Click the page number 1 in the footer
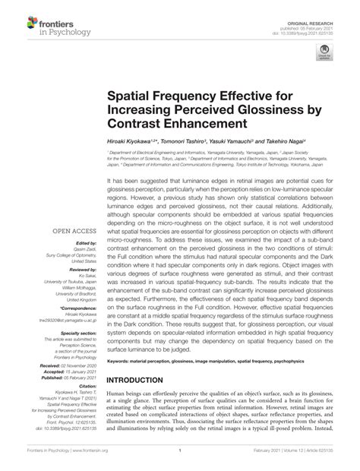point(179,462)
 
